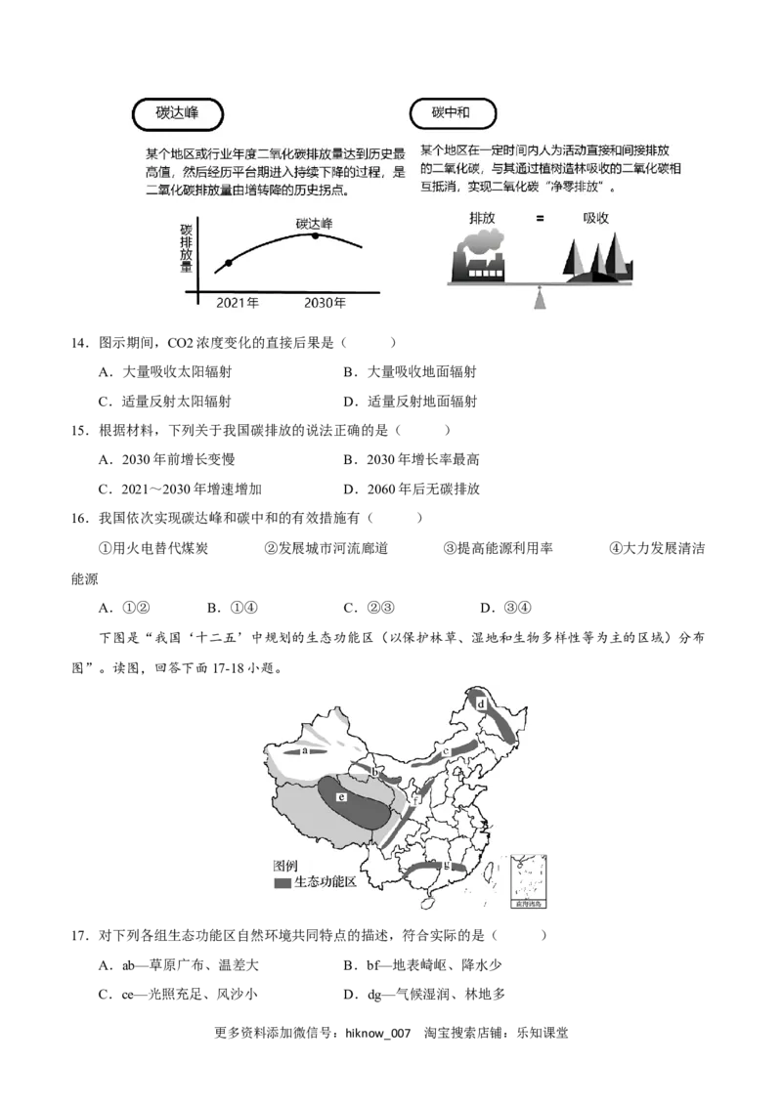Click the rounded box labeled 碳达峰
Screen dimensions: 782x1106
point(178,113)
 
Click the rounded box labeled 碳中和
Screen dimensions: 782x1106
point(453,113)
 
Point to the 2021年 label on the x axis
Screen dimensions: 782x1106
point(238,303)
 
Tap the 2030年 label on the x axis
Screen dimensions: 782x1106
point(325,303)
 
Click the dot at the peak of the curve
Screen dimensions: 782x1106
point(316,235)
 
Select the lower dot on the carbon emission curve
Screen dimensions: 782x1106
point(228,263)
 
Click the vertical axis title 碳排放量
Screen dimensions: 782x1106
point(187,248)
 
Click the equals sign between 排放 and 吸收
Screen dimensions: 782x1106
point(540,219)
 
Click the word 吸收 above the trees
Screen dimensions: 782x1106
point(595,219)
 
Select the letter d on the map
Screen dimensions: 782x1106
point(481,703)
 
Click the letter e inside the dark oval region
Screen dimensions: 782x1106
point(341,797)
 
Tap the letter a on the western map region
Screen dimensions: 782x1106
point(305,751)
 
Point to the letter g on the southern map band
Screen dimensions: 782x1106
point(447,865)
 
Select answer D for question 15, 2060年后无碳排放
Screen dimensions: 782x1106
point(412,489)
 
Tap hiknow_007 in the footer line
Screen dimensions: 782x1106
point(377,1034)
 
